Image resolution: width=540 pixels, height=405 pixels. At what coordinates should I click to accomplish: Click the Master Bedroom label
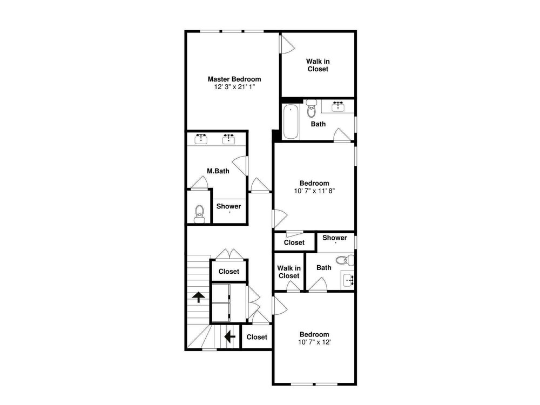tap(234, 79)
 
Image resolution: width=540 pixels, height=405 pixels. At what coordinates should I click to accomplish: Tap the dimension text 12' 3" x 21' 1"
tap(234, 87)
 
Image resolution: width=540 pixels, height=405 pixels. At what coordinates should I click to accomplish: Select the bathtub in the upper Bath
tap(291, 122)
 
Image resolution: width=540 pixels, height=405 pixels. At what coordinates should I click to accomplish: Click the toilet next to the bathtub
tap(312, 109)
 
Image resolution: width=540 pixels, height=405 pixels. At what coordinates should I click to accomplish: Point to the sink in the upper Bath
tap(338, 106)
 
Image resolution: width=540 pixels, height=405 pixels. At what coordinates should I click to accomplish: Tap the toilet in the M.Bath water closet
tap(199, 214)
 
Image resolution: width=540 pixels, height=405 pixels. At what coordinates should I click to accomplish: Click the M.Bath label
tap(218, 171)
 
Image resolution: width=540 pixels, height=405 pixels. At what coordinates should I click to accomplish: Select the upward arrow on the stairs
tap(199, 297)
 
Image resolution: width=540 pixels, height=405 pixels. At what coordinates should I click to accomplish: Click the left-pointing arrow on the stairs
tap(230, 336)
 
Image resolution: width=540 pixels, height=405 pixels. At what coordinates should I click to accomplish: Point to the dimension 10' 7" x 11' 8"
tap(314, 191)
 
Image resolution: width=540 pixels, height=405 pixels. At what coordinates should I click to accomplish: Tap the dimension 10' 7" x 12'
tap(314, 342)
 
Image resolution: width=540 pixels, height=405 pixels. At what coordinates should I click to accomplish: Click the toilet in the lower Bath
tap(345, 260)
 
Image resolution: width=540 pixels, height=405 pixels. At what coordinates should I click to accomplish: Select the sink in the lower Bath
tap(349, 280)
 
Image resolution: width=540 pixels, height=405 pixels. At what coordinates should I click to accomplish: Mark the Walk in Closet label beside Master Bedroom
tap(318, 65)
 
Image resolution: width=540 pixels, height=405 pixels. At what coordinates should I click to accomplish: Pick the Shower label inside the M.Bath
tap(228, 206)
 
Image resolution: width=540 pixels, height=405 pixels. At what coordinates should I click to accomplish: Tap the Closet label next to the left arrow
tap(257, 337)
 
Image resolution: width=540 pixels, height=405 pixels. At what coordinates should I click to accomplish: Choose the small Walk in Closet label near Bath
tap(289, 272)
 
